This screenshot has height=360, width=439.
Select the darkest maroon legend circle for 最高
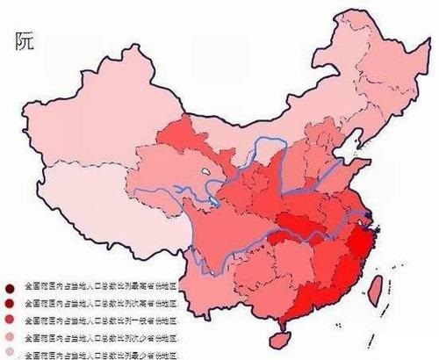(x=9, y=287)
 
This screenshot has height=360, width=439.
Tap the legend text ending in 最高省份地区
(x=102, y=287)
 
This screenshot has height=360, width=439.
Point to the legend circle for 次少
(x=9, y=337)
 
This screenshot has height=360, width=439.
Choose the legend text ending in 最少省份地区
(x=102, y=354)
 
